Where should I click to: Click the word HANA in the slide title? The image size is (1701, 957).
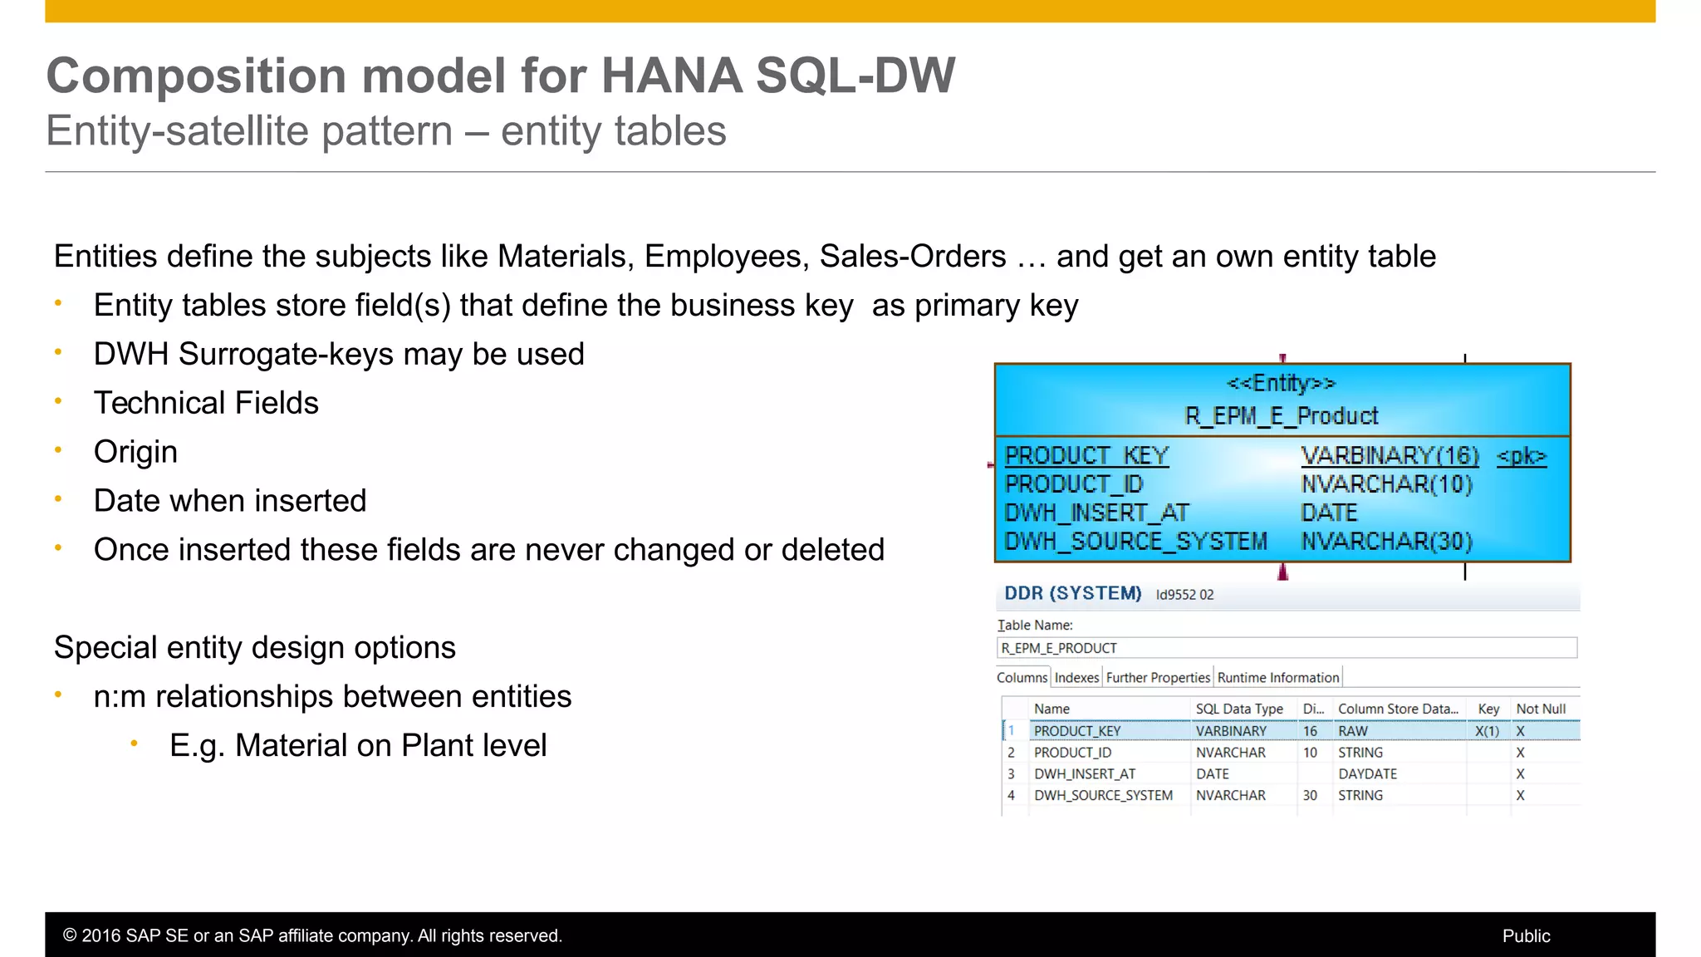(671, 76)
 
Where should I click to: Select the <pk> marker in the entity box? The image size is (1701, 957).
(1521, 456)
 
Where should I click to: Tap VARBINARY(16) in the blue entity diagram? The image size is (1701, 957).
(1390, 456)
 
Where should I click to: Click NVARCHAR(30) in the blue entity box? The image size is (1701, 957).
(1386, 542)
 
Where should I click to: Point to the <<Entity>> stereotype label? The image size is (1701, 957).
(1281, 383)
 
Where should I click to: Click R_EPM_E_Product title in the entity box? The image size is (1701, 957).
(1281, 415)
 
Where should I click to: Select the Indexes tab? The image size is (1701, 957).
(1076, 678)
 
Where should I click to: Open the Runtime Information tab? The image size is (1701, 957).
(1277, 678)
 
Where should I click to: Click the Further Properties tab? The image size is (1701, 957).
(1158, 678)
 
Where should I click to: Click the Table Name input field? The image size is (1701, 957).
(1286, 648)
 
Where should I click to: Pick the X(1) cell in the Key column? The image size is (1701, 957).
(1487, 731)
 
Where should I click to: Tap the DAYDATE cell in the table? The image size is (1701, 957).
(1367, 773)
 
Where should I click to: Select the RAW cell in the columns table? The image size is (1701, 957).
(1352, 731)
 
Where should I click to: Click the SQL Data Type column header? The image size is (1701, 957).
(1239, 709)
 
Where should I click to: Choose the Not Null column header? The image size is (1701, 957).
(1541, 709)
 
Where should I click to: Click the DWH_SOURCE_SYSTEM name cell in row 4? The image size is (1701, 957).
(1103, 795)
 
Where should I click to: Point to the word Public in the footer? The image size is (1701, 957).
(1526, 935)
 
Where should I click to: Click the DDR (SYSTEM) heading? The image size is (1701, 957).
(1072, 593)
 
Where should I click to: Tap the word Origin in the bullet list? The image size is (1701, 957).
(135, 452)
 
